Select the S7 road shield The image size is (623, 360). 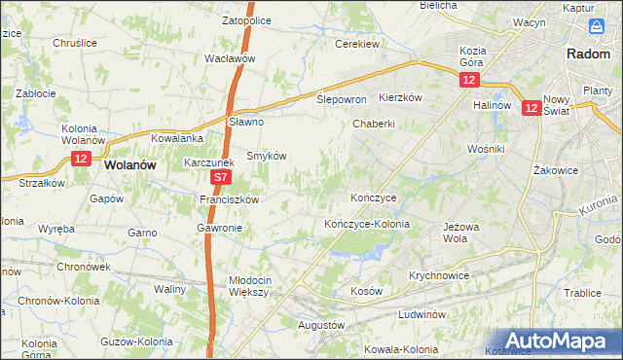point(221,178)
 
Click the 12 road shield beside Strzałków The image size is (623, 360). point(81,159)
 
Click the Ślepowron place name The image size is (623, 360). point(341,99)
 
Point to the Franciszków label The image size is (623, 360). point(229,199)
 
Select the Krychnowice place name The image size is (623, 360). point(439,275)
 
